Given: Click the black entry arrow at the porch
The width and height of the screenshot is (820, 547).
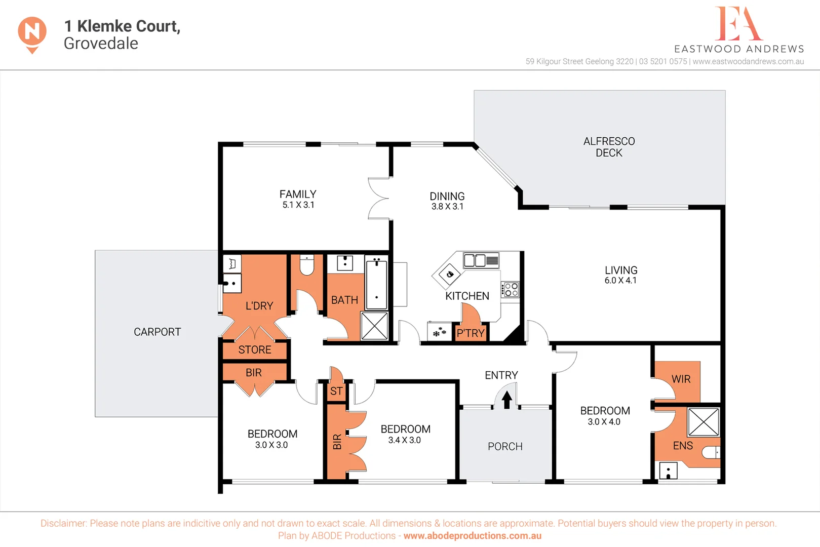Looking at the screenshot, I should (506, 400).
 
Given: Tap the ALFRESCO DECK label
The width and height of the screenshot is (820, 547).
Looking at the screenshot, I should (609, 147).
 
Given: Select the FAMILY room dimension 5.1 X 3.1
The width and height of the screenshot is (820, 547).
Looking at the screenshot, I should (298, 205).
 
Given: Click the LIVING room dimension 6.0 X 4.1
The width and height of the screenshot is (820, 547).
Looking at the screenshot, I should (620, 281).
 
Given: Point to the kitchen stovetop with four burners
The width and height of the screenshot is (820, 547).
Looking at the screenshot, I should (511, 290).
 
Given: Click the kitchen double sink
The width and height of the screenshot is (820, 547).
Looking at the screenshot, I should (481, 260).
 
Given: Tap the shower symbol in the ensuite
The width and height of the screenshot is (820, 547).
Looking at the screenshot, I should (704, 422).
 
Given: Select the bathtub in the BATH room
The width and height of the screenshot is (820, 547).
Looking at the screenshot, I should (376, 283).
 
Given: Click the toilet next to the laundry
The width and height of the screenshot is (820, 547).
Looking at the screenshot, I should (307, 265).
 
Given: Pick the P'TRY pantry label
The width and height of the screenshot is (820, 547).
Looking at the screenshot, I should (471, 333).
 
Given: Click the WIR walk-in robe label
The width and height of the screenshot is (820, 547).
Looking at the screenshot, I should (681, 379).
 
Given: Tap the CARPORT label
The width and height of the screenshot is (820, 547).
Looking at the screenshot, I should (157, 332).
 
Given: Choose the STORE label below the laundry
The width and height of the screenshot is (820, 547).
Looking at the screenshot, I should (255, 350).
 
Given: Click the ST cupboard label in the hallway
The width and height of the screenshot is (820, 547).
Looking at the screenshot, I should (336, 392).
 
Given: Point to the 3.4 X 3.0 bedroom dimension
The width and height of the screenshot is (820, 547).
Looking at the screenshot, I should (404, 441).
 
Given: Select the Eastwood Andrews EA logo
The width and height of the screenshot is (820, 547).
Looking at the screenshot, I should (738, 24).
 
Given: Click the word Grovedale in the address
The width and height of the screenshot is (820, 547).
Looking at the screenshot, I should (101, 44).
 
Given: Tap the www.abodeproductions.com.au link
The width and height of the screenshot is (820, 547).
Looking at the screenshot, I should (472, 536).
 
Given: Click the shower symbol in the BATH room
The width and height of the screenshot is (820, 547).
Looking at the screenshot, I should (374, 326).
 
